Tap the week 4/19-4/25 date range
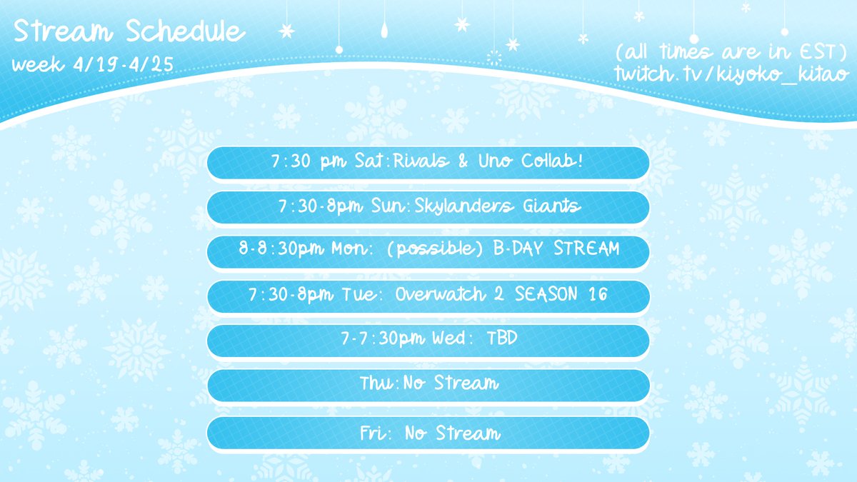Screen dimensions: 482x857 tap(94, 65)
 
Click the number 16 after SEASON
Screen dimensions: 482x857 tap(598, 296)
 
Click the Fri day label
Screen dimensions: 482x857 tap(374, 433)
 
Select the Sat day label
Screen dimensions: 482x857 tap(369, 163)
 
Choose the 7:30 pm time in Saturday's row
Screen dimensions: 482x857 tap(311, 163)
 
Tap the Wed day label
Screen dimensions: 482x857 tap(448, 340)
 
